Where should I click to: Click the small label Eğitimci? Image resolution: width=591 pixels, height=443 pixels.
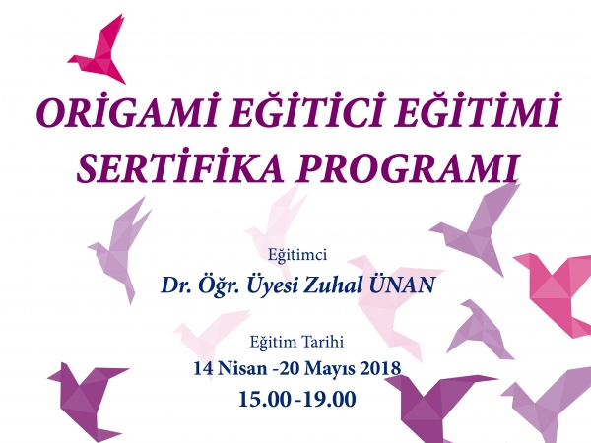pyautogui.click(x=297, y=255)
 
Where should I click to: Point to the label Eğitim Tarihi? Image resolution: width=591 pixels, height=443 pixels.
pyautogui.click(x=296, y=342)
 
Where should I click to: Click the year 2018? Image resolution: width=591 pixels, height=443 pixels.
pyautogui.click(x=380, y=368)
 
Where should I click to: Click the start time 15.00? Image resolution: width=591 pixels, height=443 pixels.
pyautogui.click(x=265, y=399)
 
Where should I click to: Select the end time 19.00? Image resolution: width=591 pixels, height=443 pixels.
pyautogui.click(x=329, y=399)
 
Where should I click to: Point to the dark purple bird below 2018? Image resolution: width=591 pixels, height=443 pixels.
pyautogui.click(x=433, y=408)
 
